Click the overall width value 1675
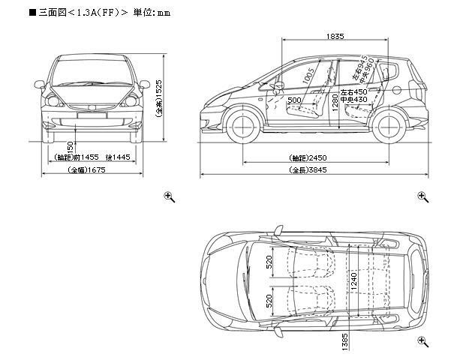[x=95, y=171]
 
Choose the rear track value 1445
[x=120, y=158]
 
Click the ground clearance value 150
[x=69, y=147]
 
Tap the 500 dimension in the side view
[x=294, y=100]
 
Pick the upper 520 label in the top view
[x=269, y=262]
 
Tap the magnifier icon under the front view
[x=170, y=196]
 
